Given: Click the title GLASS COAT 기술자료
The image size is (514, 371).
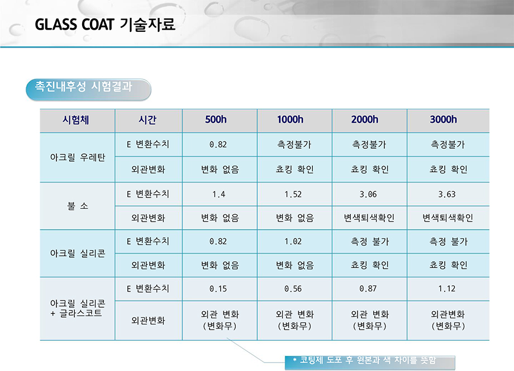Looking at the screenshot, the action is (105, 25).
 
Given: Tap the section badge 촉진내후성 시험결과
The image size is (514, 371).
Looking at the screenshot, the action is (88, 90).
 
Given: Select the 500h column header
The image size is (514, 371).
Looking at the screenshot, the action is (216, 120).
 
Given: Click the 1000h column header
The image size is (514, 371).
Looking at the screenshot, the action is (290, 120).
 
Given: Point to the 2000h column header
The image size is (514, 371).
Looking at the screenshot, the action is (364, 120).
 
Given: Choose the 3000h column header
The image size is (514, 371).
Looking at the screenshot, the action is (443, 120).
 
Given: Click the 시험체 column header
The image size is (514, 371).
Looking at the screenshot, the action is (76, 120).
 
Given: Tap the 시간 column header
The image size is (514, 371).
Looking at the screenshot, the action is (147, 120).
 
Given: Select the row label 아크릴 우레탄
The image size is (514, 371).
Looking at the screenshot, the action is (77, 157).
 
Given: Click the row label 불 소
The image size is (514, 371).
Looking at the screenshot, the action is (77, 206).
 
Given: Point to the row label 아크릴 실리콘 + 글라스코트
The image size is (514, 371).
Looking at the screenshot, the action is (77, 308).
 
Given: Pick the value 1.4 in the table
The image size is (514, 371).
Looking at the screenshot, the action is (218, 194).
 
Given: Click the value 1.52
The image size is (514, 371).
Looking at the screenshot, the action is (293, 194).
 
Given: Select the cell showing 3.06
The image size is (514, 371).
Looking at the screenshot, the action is (368, 194).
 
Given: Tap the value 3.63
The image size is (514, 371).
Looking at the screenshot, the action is (447, 194).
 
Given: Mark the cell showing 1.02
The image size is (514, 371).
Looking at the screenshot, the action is (293, 241).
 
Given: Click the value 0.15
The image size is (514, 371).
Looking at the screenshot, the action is (218, 289).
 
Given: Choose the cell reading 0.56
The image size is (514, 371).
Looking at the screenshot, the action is (293, 289).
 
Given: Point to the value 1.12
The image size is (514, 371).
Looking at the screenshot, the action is (447, 289).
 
